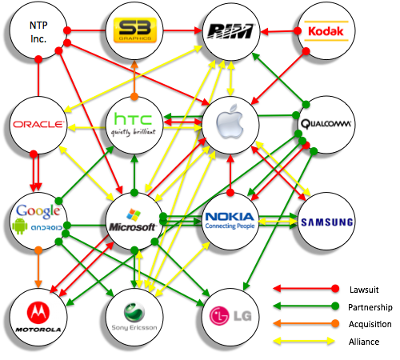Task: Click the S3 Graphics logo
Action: [135, 30]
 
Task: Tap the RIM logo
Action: [231, 31]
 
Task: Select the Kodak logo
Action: [326, 31]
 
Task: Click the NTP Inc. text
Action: [38, 32]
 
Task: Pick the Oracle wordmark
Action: [38, 124]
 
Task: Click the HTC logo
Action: [134, 124]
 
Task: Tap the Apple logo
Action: [230, 122]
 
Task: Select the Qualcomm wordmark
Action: [326, 124]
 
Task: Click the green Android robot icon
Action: [20, 226]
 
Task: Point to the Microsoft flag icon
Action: [134, 214]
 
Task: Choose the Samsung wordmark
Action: [327, 222]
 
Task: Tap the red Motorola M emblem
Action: [38, 313]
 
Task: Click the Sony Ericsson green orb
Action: [134, 313]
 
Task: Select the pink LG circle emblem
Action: [219, 316]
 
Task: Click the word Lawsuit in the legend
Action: [364, 290]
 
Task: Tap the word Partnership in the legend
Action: [370, 307]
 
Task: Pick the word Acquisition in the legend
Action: [370, 324]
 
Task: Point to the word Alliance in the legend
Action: [364, 342]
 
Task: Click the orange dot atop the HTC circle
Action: [134, 97]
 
